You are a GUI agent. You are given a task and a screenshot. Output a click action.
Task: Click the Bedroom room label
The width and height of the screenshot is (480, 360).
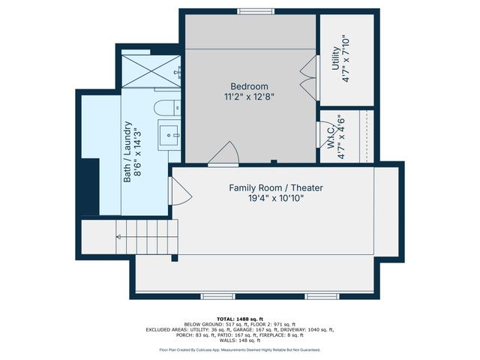(249, 86)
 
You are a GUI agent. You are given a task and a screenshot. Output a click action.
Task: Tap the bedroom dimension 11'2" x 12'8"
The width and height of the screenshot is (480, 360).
(249, 97)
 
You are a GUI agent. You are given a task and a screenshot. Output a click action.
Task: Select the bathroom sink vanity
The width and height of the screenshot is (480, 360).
(169, 137)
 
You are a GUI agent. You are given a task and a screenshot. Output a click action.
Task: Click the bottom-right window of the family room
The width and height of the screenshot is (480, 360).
(322, 295)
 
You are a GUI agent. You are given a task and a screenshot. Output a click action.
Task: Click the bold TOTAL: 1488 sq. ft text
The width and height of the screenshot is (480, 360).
(239, 319)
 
